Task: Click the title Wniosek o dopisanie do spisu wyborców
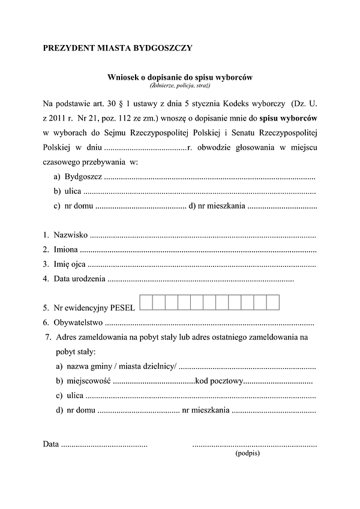tap(180, 77)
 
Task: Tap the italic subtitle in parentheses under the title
tap(180, 86)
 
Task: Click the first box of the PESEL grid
tap(145, 302)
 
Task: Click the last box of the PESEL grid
tap(273, 302)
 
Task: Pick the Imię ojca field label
tap(70, 264)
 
